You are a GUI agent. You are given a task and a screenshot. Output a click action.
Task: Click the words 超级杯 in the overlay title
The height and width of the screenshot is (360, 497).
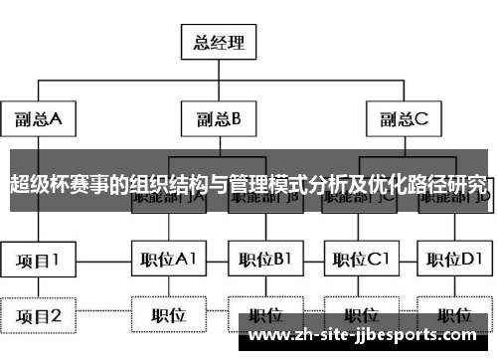point(34,184)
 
